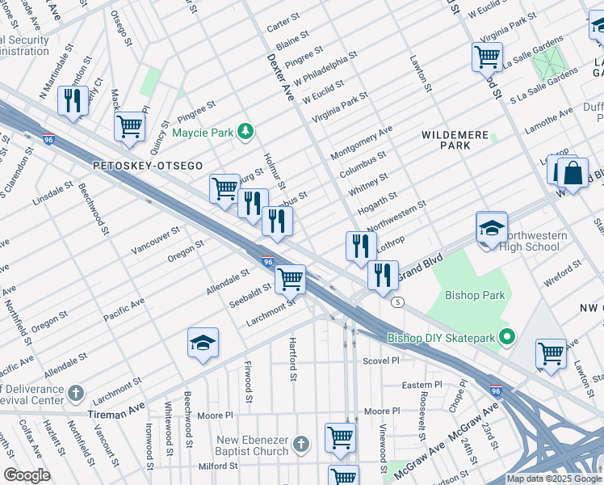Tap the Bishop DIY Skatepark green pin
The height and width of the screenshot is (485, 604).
pos(507,337)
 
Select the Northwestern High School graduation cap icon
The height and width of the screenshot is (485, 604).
pos(491,228)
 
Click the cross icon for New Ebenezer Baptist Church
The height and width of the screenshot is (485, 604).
pos(301,443)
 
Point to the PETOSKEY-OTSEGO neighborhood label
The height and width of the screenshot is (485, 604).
pos(148,165)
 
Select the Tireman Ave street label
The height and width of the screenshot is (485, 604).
pos(119,414)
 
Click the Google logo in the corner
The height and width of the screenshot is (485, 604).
pos(27,475)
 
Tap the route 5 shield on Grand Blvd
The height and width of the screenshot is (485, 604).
pos(397,302)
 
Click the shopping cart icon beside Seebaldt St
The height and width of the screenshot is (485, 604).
pos(290,280)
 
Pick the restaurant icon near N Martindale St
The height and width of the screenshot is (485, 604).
pos(73,101)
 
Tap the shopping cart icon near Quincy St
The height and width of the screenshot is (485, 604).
pos(129,126)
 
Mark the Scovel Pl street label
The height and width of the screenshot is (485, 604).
pos(381,361)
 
